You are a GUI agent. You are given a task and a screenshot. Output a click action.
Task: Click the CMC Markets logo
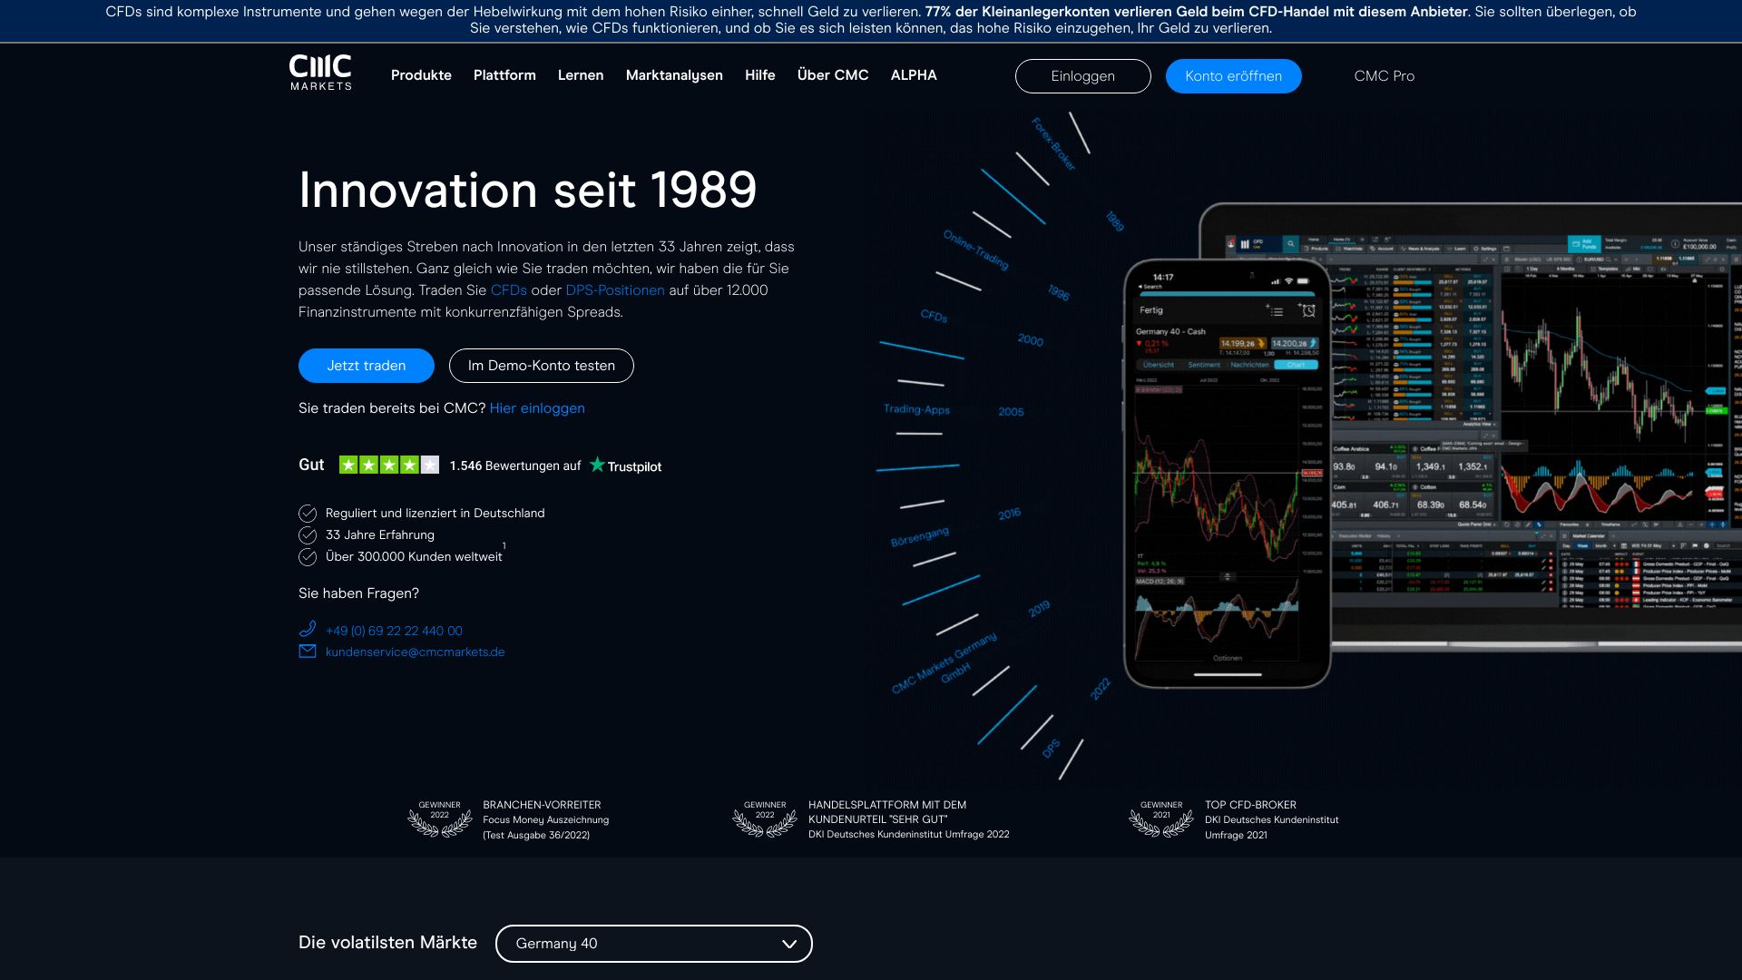pyautogui.click(x=320, y=73)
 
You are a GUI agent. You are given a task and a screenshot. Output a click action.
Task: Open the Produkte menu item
pyautogui.click(x=421, y=75)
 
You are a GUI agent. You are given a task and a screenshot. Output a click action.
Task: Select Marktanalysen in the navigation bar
pyautogui.click(x=674, y=75)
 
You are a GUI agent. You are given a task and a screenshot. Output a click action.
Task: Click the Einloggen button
pyautogui.click(x=1082, y=76)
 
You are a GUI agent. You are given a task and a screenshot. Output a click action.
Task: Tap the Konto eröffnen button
pyautogui.click(x=1233, y=76)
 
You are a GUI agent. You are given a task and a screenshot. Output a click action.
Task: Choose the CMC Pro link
pyautogui.click(x=1384, y=76)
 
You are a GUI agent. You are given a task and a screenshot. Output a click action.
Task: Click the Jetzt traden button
pyautogui.click(x=367, y=366)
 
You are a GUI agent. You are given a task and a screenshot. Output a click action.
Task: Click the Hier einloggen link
pyautogui.click(x=537, y=408)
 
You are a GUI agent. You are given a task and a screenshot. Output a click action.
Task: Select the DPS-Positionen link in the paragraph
pyautogui.click(x=615, y=290)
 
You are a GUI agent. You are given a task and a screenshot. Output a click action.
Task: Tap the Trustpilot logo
pyautogui.click(x=626, y=465)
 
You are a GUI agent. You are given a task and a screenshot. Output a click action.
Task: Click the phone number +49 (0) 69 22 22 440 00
pyautogui.click(x=394, y=631)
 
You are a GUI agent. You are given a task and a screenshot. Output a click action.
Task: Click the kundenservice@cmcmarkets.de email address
pyautogui.click(x=415, y=652)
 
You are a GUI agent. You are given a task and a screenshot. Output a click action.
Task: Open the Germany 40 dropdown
pyautogui.click(x=653, y=944)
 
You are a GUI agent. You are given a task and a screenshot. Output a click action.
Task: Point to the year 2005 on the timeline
pyautogui.click(x=1011, y=412)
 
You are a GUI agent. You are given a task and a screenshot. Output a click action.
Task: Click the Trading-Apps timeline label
pyautogui.click(x=916, y=409)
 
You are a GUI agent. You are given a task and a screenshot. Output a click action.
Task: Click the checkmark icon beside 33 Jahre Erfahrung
pyautogui.click(x=308, y=535)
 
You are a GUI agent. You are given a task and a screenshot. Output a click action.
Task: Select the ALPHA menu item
pyautogui.click(x=914, y=75)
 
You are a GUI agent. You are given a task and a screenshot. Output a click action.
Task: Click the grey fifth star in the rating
pyautogui.click(x=430, y=465)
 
